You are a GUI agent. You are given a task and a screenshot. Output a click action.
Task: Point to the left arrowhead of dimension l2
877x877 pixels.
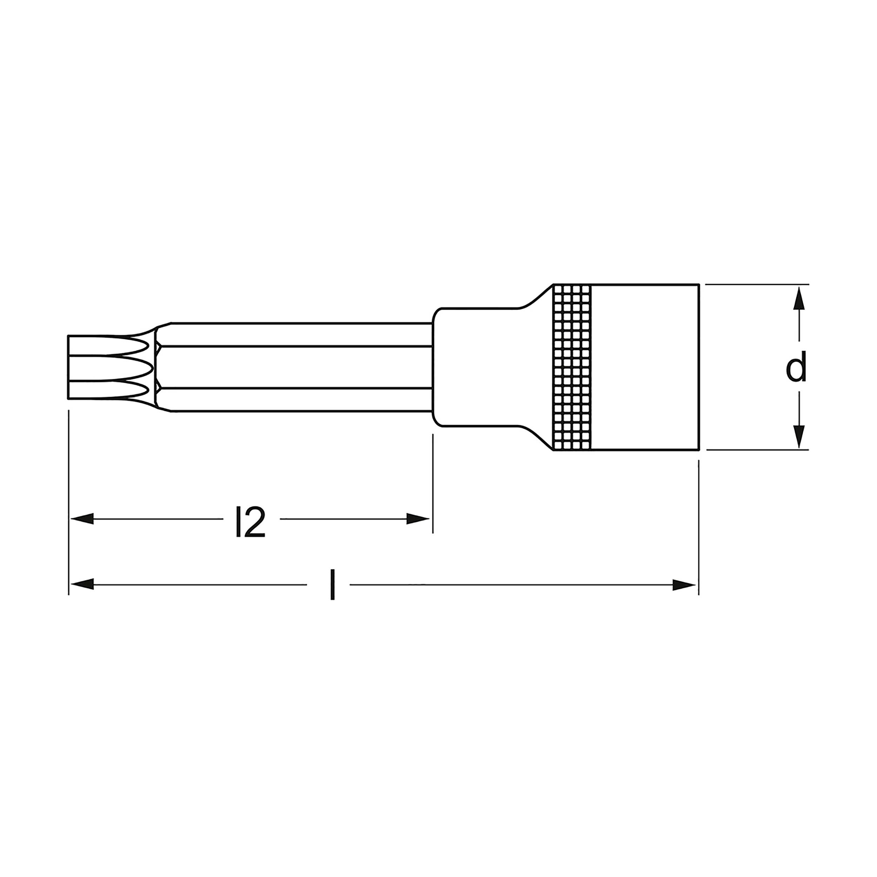(x=82, y=519)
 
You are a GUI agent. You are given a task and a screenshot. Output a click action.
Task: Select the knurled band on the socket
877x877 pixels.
(x=572, y=367)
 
